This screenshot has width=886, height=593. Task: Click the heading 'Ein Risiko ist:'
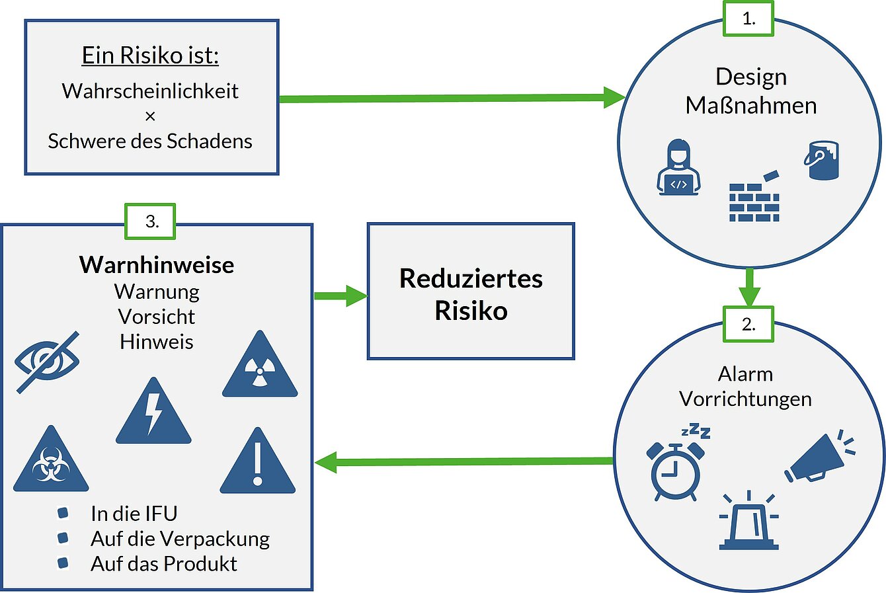click(x=150, y=56)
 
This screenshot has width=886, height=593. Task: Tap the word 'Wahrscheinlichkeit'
click(x=150, y=91)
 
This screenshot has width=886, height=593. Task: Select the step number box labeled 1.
click(x=748, y=19)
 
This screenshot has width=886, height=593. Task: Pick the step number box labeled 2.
click(x=748, y=325)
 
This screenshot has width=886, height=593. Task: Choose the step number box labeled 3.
click(x=151, y=221)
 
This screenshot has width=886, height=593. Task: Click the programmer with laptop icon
click(x=678, y=168)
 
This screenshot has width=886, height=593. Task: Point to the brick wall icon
click(x=754, y=199)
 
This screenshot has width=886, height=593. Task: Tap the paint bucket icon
click(x=822, y=160)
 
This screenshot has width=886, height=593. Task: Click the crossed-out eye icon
click(x=48, y=361)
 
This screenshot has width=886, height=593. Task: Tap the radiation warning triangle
click(x=260, y=367)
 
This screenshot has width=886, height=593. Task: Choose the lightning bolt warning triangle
click(x=153, y=413)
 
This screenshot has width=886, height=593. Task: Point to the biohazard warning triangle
click(x=50, y=461)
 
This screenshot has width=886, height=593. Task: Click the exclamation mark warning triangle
click(x=258, y=462)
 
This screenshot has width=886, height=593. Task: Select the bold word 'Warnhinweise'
click(x=157, y=264)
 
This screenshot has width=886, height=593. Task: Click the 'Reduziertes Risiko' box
click(x=471, y=292)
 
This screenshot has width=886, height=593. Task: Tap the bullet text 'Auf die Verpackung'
click(x=180, y=539)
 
